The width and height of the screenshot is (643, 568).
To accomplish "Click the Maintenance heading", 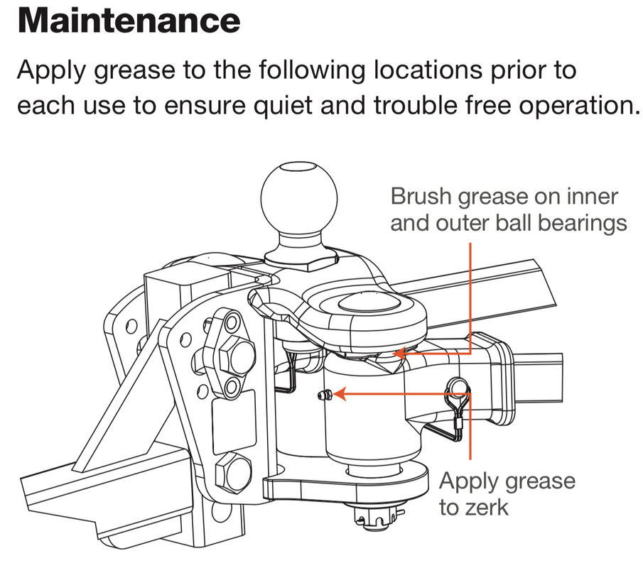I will pyautogui.click(x=129, y=21).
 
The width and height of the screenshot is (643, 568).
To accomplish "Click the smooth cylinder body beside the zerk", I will pyautogui.click(x=369, y=419).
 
